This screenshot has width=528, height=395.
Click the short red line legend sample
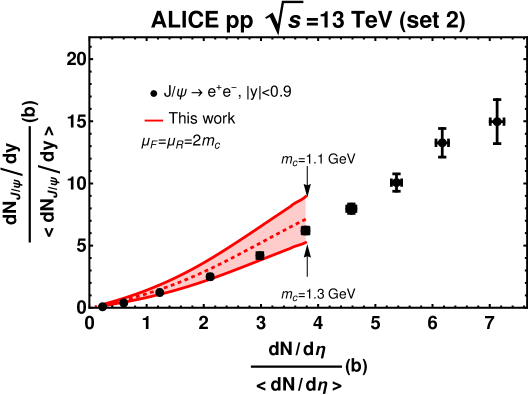[154, 120]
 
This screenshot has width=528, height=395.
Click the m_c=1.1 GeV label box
[318, 159]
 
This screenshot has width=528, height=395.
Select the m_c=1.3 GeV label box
[318, 294]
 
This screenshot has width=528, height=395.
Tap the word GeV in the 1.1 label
[342, 159]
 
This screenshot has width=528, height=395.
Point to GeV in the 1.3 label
[342, 294]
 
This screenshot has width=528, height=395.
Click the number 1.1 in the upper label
[315, 159]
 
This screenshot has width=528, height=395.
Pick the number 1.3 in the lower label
[315, 294]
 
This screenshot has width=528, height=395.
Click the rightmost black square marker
[304, 231]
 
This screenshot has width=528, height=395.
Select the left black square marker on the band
[260, 256]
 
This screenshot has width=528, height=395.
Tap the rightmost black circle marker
[210, 276]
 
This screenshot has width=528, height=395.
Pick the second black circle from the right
[160, 292]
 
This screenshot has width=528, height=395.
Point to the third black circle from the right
[124, 302]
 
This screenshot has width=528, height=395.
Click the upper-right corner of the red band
[305, 196]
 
